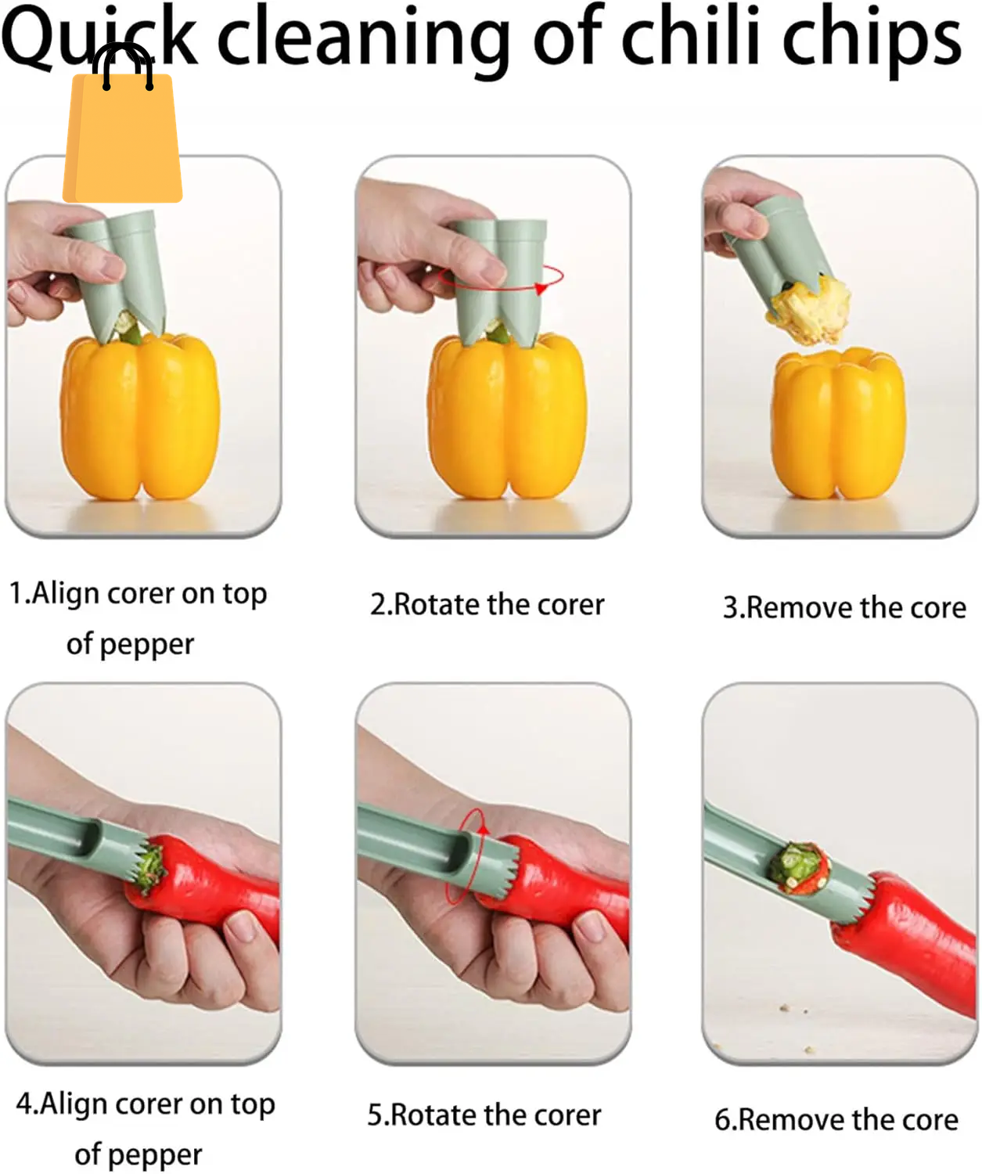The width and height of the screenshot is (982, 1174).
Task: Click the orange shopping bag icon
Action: [x=122, y=137]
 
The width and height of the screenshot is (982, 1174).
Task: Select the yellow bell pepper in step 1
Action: [x=140, y=419]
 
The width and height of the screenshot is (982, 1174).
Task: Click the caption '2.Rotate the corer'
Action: [x=487, y=605]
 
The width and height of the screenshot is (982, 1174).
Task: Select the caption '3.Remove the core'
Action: [x=844, y=608]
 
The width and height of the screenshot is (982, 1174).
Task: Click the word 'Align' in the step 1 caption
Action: [x=66, y=593]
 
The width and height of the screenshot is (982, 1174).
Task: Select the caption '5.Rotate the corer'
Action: [x=484, y=1115]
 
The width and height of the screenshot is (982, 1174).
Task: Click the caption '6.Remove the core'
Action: [x=836, y=1120]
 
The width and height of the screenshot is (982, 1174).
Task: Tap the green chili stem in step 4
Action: [x=148, y=869]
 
